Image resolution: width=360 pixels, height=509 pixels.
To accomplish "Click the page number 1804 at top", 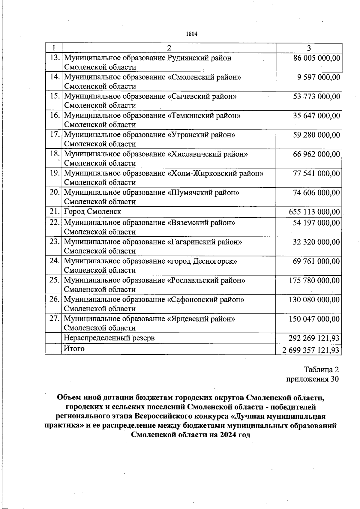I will point(192,34).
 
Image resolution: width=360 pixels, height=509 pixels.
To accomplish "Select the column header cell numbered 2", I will point(169,48).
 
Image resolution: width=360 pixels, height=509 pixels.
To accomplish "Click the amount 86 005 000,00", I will point(317,58).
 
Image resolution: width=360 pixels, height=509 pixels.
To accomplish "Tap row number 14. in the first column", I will point(55,77).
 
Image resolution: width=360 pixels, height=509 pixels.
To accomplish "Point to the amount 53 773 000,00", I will point(317,97).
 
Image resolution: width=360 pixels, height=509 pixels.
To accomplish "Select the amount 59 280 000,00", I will point(317,135).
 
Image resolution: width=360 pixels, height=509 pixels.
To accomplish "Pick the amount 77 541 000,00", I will point(317,173).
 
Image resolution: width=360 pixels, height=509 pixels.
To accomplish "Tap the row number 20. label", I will point(55,192).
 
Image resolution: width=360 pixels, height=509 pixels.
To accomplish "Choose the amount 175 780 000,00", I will point(314,280).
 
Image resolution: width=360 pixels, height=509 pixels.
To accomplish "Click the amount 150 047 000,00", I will point(314,319).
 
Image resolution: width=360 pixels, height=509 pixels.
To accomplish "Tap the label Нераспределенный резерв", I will point(109,338).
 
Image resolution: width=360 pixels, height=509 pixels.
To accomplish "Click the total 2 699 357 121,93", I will point(311,350).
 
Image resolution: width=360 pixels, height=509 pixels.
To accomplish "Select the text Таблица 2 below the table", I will point(321,369).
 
